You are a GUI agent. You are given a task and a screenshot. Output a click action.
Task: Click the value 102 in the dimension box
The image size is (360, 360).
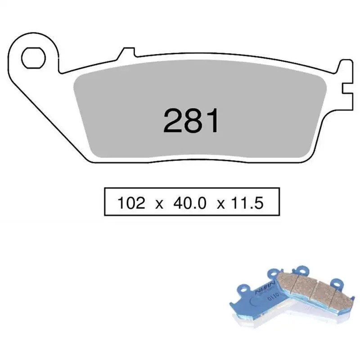pos(131,203)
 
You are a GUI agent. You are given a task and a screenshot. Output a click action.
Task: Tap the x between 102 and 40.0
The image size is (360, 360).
pos(158,204)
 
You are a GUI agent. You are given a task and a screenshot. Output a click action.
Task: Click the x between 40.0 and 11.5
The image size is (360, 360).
pos(220,204)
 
